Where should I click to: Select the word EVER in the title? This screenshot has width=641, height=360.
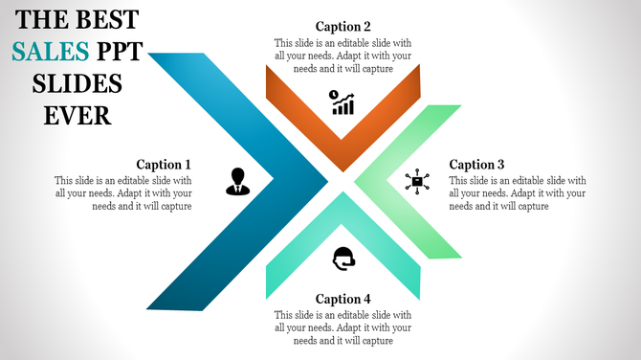pos(77,116)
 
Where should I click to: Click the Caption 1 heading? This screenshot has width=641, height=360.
pos(164,165)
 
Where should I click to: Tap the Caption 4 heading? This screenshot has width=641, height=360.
pos(343,299)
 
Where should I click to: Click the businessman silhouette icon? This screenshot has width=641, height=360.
pos(237,181)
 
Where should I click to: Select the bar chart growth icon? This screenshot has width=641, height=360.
pos(342,102)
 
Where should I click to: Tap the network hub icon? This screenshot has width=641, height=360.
pos(417,181)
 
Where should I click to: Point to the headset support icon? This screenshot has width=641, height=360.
pos(343,258)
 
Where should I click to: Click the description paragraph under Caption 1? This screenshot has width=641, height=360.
pos(123,192)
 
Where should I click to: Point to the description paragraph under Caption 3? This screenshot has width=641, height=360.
pos(517,192)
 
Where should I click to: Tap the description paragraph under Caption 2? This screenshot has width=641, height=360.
pos(343,56)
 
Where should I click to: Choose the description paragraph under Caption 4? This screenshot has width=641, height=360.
pos(343,327)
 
